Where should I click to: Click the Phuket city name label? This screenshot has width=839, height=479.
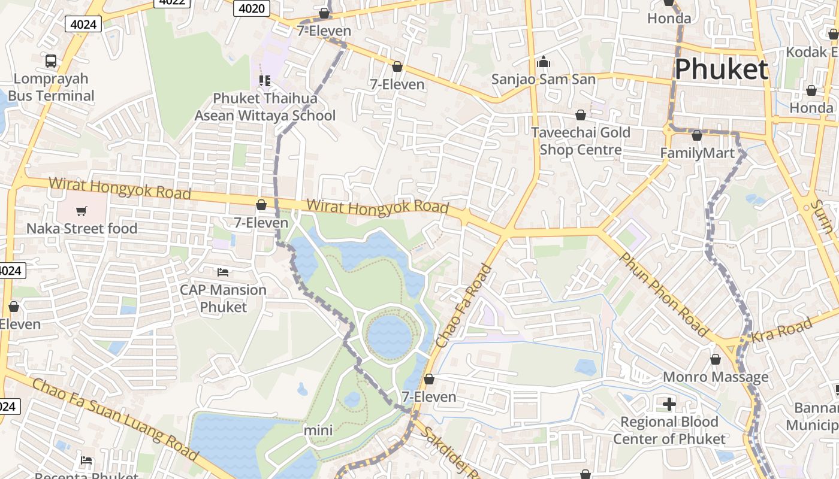[721, 69]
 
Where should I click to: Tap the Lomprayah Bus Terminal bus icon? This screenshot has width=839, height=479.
[51, 60]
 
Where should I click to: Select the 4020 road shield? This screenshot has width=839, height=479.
[251, 8]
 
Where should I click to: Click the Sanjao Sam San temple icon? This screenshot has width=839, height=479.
[544, 62]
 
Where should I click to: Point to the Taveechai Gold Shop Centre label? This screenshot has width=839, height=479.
[580, 141]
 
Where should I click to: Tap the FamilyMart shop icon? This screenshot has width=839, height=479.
[696, 135]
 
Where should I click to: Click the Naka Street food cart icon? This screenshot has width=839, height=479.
[82, 210]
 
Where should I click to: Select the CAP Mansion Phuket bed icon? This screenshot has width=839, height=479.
[223, 272]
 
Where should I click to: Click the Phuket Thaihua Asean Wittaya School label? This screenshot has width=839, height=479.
[264, 107]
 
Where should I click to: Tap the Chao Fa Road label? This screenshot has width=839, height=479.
[464, 307]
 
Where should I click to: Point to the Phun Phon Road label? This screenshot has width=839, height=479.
[663, 293]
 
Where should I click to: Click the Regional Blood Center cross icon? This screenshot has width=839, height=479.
[669, 404]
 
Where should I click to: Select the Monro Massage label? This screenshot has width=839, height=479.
[715, 377]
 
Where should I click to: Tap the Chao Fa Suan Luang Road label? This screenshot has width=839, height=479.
[114, 419]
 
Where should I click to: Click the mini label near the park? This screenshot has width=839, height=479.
[318, 430]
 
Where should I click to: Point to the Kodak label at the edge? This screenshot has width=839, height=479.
[812, 52]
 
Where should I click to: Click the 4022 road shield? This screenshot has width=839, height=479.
[172, 2]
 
